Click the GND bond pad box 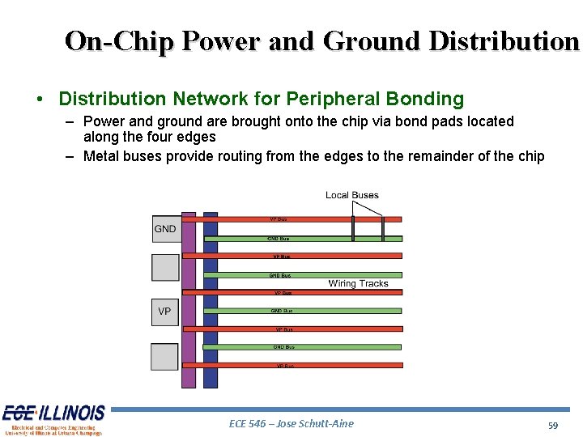click(x=165, y=229)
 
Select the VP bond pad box click(x=165, y=312)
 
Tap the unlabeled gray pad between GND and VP click(x=165, y=268)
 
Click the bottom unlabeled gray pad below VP click(x=165, y=357)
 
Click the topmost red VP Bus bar click(x=291, y=219)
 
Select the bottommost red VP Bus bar click(x=291, y=366)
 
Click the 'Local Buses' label click(x=351, y=195)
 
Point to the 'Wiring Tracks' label click(x=358, y=283)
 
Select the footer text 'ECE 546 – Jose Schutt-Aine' click(x=291, y=423)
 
